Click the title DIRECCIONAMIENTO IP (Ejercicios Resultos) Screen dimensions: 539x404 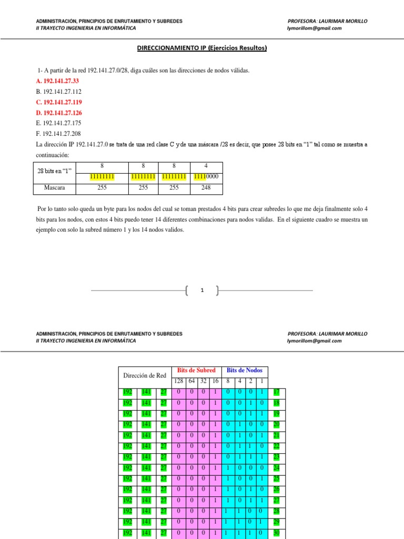tap(202, 48)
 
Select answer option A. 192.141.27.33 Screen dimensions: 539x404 tap(57, 81)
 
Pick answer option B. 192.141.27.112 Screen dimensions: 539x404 tap(58, 92)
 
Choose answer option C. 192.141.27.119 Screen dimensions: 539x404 tap(59, 102)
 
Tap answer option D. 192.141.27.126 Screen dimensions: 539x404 tap(59, 113)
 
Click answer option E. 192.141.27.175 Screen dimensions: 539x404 tap(58, 123)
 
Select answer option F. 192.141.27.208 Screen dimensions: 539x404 tap(58, 134)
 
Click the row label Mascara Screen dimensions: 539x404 tap(52, 187)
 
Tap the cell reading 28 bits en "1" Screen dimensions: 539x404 tap(52, 171)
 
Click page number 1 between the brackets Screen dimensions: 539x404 tap(202, 290)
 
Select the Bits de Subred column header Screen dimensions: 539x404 tap(196, 370)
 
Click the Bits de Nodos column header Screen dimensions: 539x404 tap(245, 370)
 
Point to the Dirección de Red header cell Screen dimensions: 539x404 tap(145, 375)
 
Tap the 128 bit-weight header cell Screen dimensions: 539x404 tap(178, 381)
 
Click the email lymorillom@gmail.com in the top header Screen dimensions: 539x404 tap(314, 28)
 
